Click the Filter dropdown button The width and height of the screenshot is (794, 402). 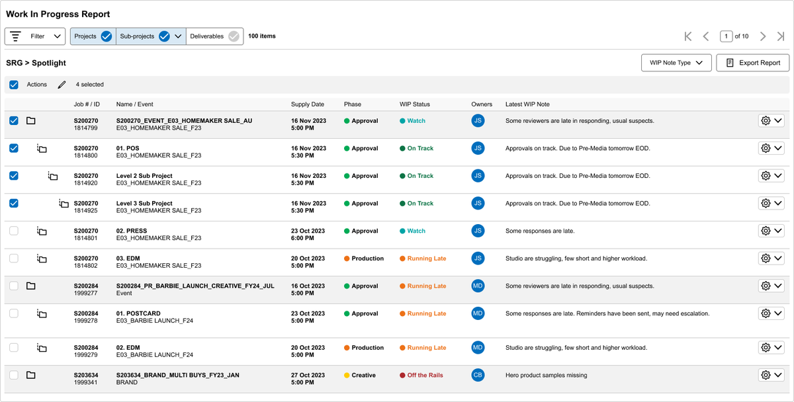coord(34,36)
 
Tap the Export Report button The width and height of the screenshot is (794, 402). coord(752,63)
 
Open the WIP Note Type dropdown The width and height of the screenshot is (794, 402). coord(676,63)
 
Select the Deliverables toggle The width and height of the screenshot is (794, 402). coord(214,36)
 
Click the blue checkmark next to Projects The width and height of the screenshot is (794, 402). coord(107,36)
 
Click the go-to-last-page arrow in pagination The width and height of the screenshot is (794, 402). coord(781,36)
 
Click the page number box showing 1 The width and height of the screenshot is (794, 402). coord(726,36)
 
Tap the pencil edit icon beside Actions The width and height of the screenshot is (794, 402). coord(62,85)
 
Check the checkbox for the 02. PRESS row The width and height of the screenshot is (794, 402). coord(14,231)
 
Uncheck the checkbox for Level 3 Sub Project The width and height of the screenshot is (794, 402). coord(14,203)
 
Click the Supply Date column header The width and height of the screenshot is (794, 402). coord(307,104)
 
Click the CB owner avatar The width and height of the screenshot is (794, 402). coord(478,375)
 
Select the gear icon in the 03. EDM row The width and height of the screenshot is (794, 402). coord(766,259)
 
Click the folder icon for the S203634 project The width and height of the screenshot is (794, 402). coord(31,375)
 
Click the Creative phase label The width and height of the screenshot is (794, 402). coord(363,375)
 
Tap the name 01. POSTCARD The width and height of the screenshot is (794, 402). coord(138,313)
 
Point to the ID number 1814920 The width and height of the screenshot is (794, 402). coord(85,183)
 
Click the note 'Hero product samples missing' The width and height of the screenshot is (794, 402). coord(547,375)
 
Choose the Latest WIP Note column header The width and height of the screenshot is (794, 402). coord(527,104)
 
